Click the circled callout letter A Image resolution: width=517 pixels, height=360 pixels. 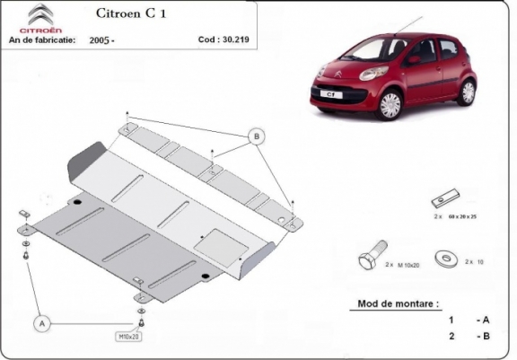[x=42, y=320]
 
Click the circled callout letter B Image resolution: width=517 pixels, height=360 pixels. [x=256, y=136]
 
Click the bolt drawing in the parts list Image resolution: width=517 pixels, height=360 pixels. [x=372, y=257]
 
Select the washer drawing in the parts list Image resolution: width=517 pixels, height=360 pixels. [x=444, y=259]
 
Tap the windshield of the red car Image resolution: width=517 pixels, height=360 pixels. [x=369, y=46]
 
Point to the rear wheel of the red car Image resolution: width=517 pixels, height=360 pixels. [x=467, y=90]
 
